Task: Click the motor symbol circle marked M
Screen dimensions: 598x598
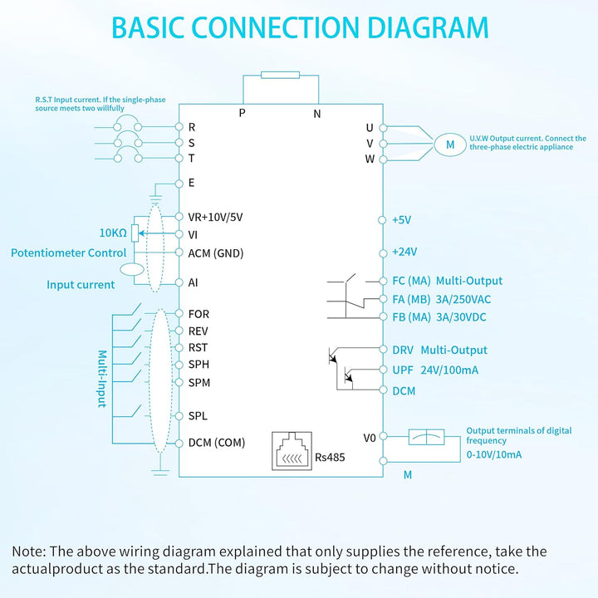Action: [450, 145]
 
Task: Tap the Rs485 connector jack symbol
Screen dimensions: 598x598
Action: [292, 451]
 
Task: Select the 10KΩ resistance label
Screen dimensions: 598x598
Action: [113, 233]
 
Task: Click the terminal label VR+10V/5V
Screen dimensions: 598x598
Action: [215, 217]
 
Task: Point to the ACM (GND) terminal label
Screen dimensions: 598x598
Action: [216, 253]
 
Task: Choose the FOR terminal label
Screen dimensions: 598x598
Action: [199, 314]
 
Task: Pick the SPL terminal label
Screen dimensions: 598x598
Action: [198, 416]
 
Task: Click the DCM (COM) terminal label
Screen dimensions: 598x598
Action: [217, 443]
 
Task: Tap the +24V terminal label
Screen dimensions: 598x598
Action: [404, 252]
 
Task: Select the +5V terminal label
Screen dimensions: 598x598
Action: [402, 220]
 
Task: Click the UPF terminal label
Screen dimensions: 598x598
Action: [403, 370]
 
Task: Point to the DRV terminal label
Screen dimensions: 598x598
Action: [403, 350]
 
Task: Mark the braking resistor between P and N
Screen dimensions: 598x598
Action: [281, 75]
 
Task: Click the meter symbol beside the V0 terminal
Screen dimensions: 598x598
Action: [426, 437]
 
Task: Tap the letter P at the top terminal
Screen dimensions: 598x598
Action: [242, 113]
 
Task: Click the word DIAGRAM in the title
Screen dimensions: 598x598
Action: [428, 27]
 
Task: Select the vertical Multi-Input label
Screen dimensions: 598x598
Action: [102, 379]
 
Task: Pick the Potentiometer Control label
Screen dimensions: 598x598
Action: [68, 252]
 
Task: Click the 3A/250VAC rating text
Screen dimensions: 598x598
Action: [463, 299]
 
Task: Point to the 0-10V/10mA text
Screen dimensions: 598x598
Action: [494, 454]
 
